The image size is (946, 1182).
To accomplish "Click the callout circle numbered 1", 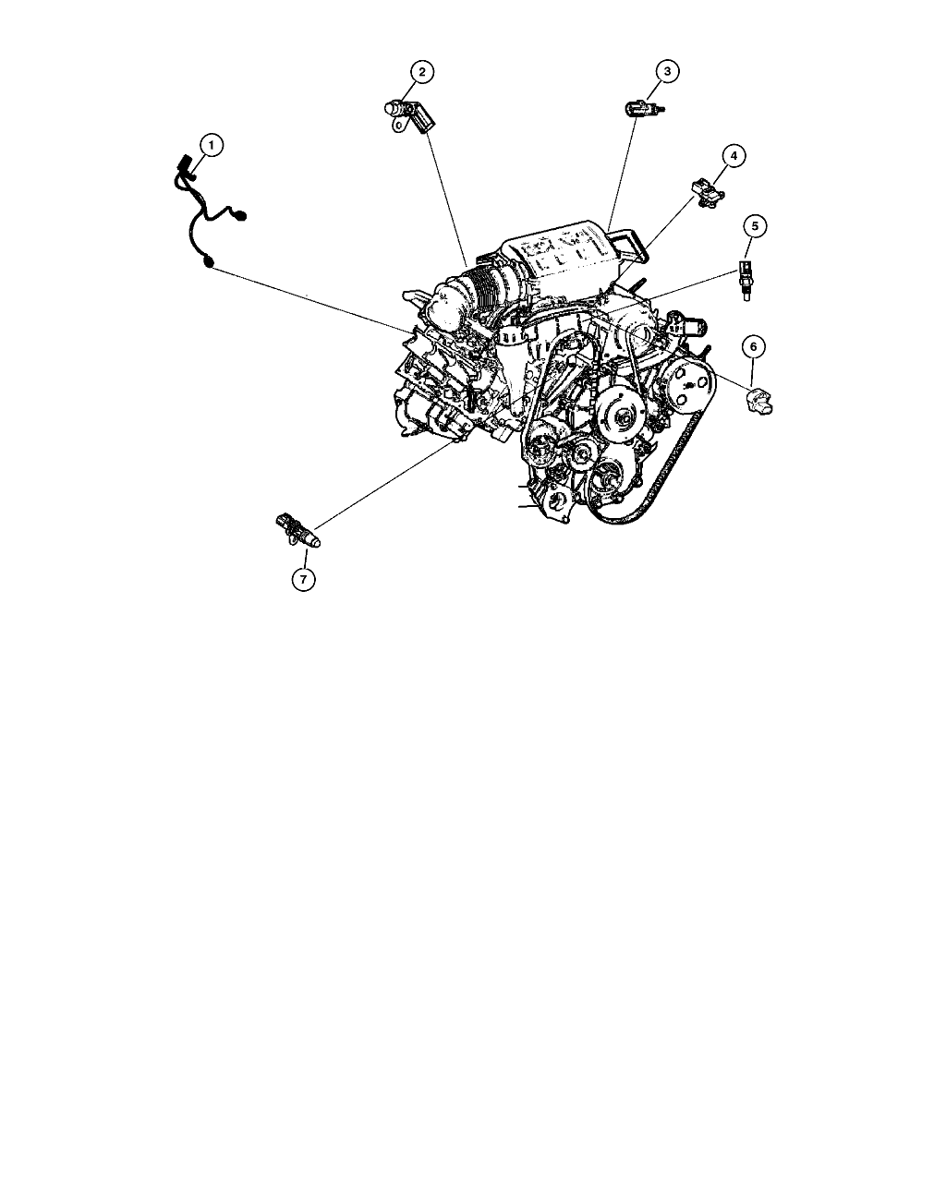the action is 212,146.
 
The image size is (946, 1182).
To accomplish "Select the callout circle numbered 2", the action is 421,72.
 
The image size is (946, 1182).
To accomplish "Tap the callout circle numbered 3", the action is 667,71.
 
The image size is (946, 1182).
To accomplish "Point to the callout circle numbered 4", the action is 734,156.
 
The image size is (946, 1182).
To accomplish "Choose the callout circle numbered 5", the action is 755,226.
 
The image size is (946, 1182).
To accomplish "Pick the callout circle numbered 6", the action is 754,346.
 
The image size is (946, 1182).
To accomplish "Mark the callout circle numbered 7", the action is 303,579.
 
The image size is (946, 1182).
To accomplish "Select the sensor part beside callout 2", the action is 409,115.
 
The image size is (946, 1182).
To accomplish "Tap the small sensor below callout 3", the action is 645,108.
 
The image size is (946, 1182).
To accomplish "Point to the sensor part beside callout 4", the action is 709,192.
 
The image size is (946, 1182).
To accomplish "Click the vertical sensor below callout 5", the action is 746,280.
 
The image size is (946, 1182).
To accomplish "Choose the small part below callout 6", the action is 759,401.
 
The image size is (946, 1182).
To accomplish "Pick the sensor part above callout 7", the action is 297,531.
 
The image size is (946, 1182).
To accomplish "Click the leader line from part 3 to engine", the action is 624,174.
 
